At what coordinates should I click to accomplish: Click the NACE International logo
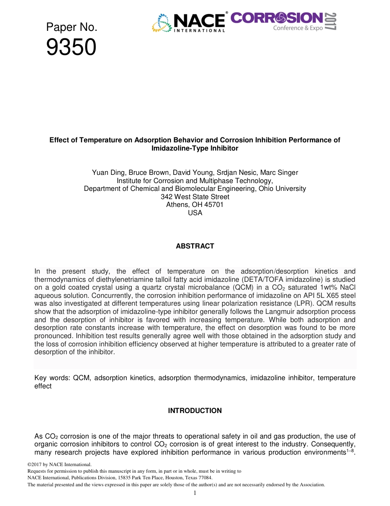point(190,23)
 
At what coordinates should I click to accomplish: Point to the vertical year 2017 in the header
point(330,21)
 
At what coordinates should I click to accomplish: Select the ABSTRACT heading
point(195,246)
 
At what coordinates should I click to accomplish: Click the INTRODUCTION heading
point(195,411)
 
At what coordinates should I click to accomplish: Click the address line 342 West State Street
point(195,197)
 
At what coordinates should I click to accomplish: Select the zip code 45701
point(214,205)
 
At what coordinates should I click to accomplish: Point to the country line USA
point(195,213)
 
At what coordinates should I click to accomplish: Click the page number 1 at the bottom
point(195,493)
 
